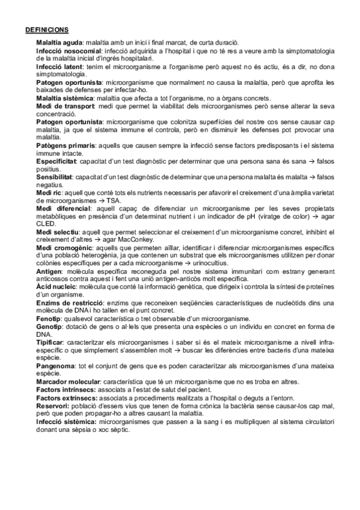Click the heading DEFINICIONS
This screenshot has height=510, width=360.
[47, 29]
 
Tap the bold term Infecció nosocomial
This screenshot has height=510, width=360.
[67, 52]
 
